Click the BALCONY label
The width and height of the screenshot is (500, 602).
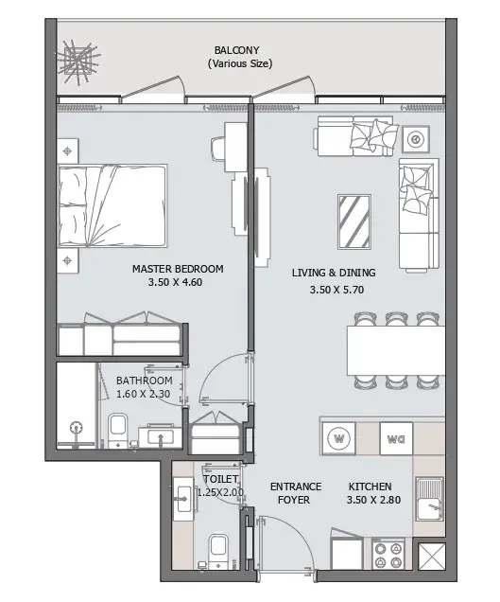[237, 50]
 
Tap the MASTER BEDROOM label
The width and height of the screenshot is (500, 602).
[178, 269]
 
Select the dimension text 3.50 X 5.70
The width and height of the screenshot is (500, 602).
[336, 290]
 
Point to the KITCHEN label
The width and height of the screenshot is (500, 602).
[370, 487]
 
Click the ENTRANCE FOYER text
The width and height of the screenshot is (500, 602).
[296, 493]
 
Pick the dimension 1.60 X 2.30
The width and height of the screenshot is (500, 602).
[143, 394]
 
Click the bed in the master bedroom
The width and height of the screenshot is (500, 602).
[112, 205]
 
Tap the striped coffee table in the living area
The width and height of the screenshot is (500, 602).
[354, 221]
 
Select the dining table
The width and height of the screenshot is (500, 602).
[396, 350]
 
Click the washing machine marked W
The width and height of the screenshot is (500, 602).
[339, 438]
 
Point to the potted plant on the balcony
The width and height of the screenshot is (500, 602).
[79, 62]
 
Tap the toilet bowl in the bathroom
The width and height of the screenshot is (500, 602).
[118, 430]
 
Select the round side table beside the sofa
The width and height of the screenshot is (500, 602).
[415, 139]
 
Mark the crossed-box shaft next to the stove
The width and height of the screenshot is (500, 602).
[431, 557]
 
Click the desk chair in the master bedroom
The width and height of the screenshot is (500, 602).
[217, 150]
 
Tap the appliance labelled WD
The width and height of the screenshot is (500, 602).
[396, 438]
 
